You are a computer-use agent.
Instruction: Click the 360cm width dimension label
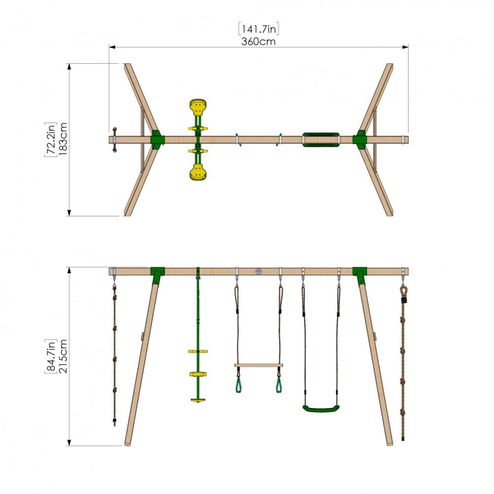point(258,42)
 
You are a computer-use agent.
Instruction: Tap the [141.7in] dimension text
point(259,29)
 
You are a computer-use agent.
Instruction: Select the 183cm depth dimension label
point(63,139)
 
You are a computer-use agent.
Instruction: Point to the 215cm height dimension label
point(63,356)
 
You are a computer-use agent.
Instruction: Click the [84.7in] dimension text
point(51,356)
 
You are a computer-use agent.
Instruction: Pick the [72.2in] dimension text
point(51,139)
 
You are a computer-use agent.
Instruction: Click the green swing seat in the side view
point(321,409)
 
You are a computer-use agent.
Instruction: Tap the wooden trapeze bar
point(259,365)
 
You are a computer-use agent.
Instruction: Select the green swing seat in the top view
point(321,139)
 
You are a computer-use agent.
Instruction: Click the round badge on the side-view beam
point(259,272)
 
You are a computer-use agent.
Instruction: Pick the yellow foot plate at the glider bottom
point(198,400)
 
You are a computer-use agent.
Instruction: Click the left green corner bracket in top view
point(157,140)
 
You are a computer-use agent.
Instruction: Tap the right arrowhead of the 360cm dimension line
point(405,47)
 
